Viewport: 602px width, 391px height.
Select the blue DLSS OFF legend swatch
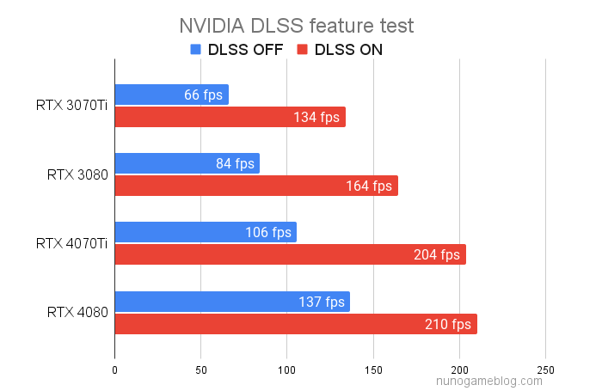(195, 50)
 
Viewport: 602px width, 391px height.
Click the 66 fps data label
(203, 95)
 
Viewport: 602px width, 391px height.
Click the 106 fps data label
(268, 232)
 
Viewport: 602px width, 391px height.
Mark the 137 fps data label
(322, 302)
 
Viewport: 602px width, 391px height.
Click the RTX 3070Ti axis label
(72, 107)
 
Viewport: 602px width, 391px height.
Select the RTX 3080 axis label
(77, 175)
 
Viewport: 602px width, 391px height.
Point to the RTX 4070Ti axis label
(72, 244)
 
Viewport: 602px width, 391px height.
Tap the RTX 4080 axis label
(77, 313)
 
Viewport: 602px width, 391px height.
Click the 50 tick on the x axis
(200, 370)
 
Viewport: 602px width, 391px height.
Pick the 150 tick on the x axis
(373, 370)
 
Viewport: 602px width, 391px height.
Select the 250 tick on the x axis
(546, 370)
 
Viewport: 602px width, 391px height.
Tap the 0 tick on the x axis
(114, 370)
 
